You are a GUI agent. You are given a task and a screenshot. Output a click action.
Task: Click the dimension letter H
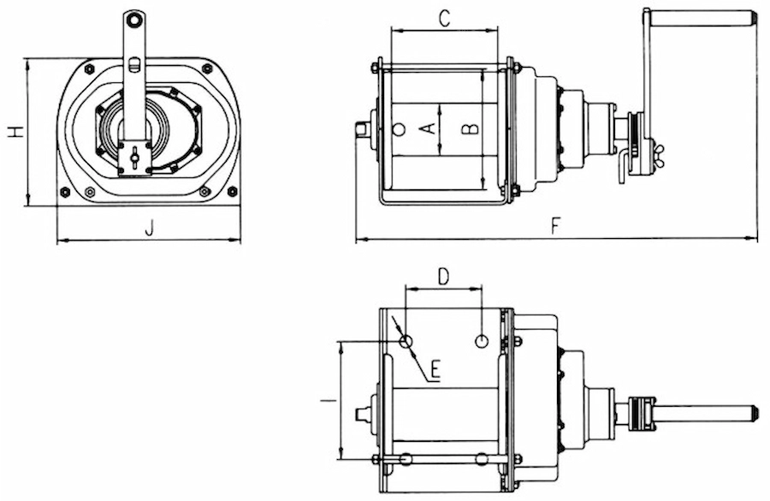coord(16,131)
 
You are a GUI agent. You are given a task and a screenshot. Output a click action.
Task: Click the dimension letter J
coord(149,228)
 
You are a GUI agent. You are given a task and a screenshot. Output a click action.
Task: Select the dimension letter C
coord(444,19)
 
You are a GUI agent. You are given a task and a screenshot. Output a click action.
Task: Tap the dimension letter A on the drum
coord(429,128)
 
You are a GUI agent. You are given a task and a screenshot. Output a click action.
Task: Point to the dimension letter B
coord(470,128)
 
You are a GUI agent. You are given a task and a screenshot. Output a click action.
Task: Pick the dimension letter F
coord(555,226)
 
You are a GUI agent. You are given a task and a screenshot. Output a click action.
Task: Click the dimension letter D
coord(443,277)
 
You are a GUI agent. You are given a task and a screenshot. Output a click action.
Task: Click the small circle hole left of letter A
coord(399,129)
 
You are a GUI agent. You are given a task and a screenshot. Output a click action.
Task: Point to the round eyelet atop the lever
coord(133,20)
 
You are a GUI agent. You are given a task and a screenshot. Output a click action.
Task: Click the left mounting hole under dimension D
coord(406,341)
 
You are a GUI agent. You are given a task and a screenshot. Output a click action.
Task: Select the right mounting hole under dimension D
coord(482,340)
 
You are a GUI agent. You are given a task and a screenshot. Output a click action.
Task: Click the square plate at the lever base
coord(134,158)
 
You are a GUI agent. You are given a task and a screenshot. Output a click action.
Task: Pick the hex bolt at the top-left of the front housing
coord(89,69)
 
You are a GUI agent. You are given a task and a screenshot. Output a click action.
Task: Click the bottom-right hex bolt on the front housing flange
coord(233,191)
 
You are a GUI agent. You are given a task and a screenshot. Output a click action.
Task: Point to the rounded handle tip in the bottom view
coord(752,413)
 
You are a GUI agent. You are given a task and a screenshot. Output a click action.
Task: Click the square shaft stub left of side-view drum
coord(363,129)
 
